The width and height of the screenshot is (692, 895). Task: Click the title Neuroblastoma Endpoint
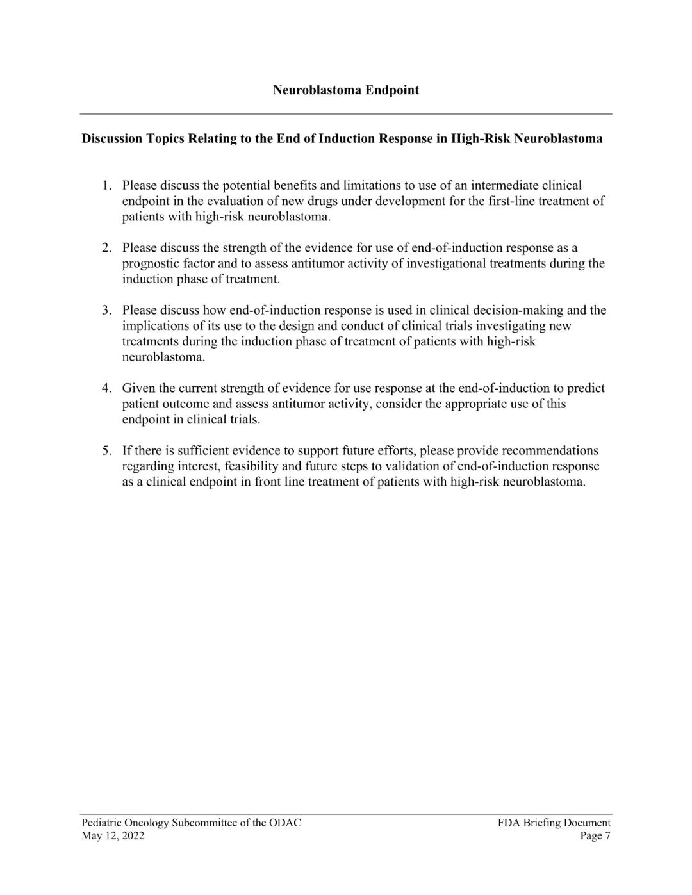tap(345, 90)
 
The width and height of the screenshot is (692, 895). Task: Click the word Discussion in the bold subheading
tap(113, 138)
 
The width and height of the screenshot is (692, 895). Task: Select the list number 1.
tap(106, 186)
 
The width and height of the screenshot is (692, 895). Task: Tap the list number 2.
tap(106, 248)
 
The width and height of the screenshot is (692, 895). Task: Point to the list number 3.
tap(106, 310)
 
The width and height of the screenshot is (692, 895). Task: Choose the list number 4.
tap(106, 388)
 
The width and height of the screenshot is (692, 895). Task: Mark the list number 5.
tap(106, 450)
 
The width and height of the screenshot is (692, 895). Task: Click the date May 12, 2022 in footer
tap(113, 835)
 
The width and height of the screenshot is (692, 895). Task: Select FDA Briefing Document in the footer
tap(554, 823)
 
